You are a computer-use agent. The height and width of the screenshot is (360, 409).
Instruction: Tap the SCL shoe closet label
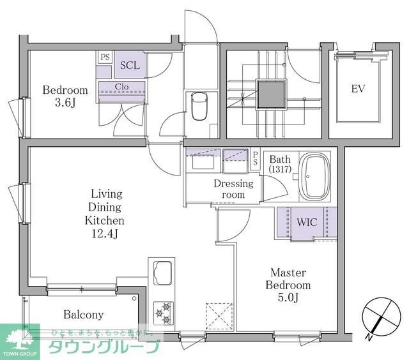pos(130,66)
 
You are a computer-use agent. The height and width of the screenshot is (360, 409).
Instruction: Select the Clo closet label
pos(121,87)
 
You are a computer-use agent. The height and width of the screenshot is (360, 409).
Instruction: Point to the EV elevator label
pos(358,89)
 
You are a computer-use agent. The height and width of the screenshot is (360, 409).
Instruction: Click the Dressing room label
pos(233,189)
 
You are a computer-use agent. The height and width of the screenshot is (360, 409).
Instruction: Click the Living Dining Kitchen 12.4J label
pos(105,213)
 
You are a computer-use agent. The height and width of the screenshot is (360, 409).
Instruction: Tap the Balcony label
pos(83,315)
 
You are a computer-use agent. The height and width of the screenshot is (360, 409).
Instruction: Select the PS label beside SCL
pos(104,57)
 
